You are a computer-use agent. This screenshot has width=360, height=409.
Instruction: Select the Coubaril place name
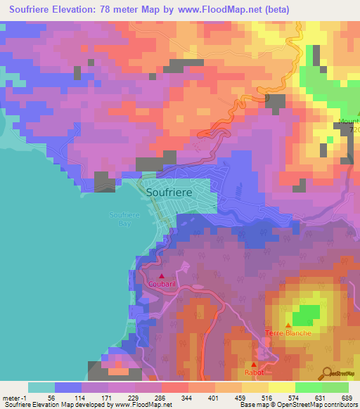[x=162, y=285]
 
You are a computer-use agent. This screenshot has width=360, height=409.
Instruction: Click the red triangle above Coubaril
[x=162, y=276]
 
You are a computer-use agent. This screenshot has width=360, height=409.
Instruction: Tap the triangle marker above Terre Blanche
[x=287, y=324]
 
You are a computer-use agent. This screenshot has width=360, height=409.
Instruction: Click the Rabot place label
[x=254, y=372]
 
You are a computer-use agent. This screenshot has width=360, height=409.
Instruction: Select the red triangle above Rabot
[x=254, y=364]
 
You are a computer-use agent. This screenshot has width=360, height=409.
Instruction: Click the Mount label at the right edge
[x=349, y=122]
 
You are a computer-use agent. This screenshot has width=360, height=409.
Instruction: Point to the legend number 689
[x=347, y=398]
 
